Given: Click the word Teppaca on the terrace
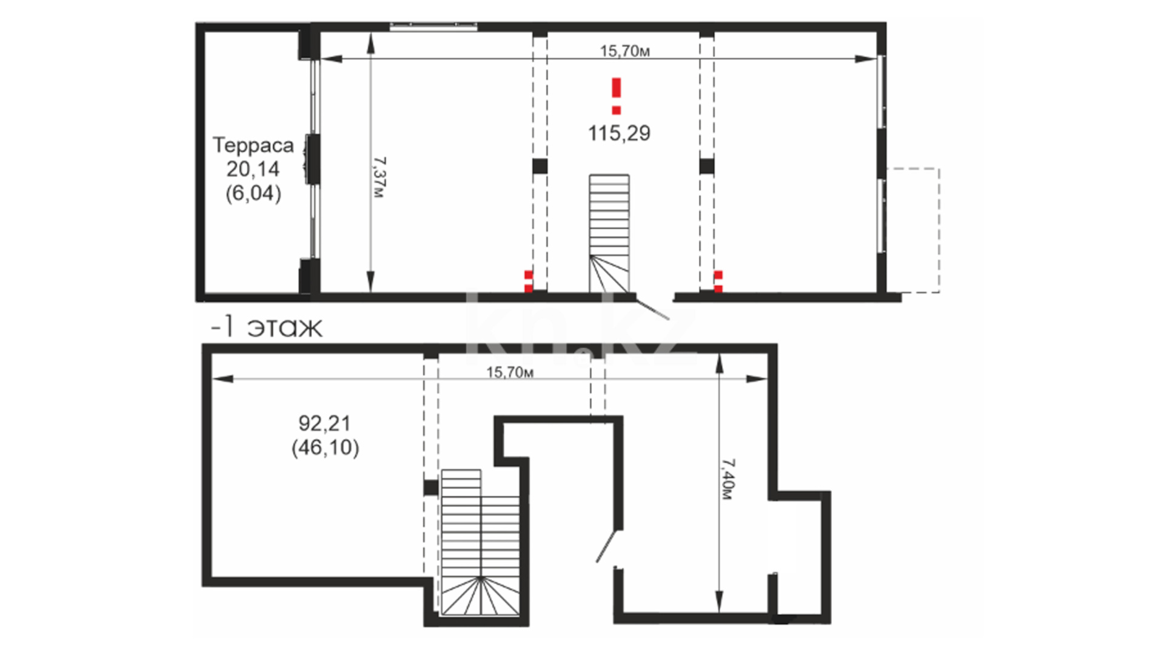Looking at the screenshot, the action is point(253,145).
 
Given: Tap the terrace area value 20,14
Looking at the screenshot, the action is point(253,169).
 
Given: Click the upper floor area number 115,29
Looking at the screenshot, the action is point(619,133).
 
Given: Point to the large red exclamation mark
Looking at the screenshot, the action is point(617,96).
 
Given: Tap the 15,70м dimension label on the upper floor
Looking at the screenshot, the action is point(625,51).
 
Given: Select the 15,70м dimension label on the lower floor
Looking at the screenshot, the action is point(510,372).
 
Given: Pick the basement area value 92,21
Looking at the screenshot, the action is point(325,423).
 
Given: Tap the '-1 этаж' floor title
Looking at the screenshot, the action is point(266,327).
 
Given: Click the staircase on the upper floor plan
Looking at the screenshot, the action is point(609,233).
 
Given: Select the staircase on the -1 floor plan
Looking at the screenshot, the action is point(480,542).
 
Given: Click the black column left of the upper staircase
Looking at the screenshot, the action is point(540,166).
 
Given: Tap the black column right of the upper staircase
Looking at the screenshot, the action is point(707,166).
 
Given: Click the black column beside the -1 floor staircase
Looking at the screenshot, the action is point(430,487).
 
